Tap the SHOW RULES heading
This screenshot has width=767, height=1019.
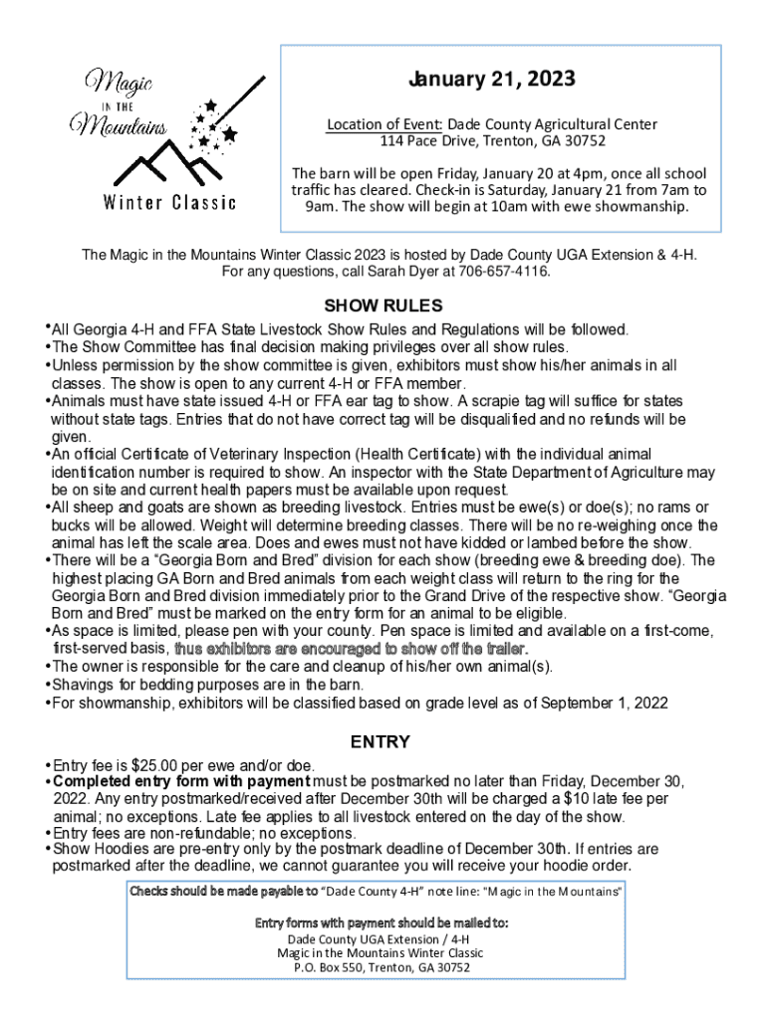[383, 306]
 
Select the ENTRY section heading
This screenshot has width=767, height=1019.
[383, 742]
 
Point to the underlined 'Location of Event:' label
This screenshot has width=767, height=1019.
[384, 124]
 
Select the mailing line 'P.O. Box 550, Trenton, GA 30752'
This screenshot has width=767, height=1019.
[383, 966]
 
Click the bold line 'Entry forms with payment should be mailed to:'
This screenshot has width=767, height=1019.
[383, 922]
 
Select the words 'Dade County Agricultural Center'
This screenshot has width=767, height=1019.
[552, 124]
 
